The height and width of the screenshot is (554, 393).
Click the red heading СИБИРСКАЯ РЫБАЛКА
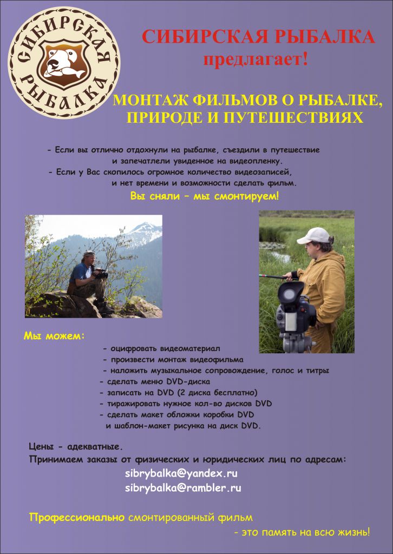[258, 37]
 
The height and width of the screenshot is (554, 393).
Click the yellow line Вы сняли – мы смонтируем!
[205, 195]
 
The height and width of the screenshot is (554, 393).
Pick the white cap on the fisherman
[314, 235]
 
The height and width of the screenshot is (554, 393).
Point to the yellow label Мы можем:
[54, 336]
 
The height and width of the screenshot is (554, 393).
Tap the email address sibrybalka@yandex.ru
[181, 473]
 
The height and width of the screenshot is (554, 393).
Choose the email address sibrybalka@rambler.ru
[183, 487]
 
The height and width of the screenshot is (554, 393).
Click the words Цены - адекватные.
[76, 447]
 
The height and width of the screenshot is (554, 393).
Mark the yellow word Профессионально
[77, 518]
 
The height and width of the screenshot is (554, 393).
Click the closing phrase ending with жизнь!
[302, 532]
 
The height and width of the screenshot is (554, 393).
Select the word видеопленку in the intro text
[253, 161]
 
